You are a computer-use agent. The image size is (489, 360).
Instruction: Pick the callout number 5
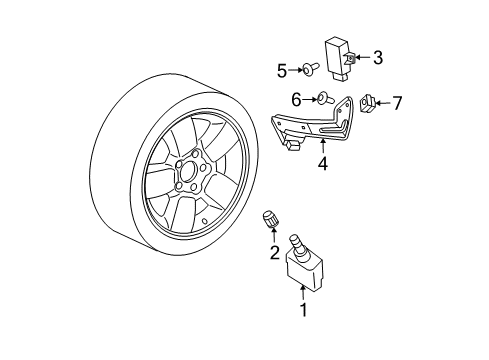[282, 70]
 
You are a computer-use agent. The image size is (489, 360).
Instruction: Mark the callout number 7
[396, 103]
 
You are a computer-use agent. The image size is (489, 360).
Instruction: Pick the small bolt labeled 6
[325, 98]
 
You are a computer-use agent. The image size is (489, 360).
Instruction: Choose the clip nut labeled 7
[367, 102]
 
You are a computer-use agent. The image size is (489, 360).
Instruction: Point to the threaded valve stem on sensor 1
[297, 243]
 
